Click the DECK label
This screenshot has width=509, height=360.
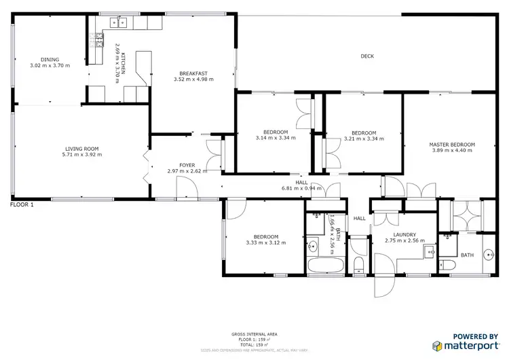(x=367, y=56)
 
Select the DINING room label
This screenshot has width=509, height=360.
(x=50, y=60)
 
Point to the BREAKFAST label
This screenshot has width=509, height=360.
(x=193, y=73)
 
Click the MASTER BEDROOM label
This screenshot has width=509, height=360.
(x=451, y=145)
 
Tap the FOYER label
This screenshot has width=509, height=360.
(x=187, y=165)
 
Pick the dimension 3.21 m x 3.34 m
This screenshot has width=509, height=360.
(x=364, y=139)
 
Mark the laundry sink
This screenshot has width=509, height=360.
(x=429, y=253)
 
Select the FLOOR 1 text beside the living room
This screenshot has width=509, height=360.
(x=21, y=204)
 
